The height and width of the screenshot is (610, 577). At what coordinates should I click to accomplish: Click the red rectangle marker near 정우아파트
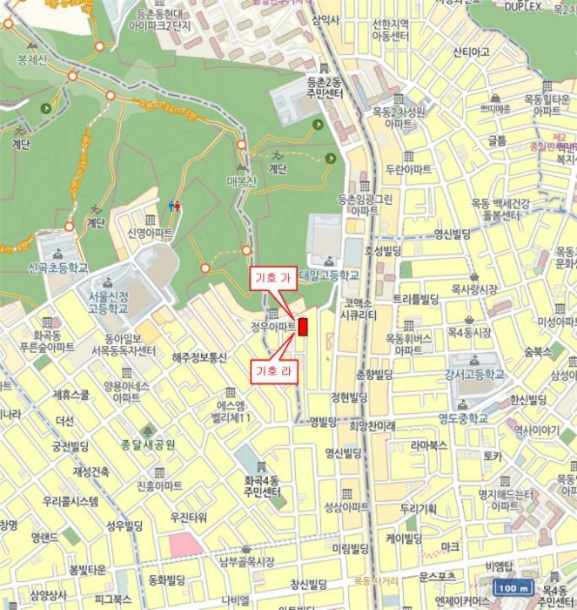click(303, 328)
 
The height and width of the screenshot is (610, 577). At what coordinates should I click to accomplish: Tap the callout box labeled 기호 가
click(272, 277)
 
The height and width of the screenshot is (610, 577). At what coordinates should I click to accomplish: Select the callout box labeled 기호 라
click(272, 370)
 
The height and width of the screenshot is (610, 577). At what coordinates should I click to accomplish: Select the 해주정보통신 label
click(199, 357)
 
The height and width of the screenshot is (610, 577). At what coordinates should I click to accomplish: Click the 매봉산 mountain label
click(242, 181)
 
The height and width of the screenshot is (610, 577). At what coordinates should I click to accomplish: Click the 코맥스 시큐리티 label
click(358, 308)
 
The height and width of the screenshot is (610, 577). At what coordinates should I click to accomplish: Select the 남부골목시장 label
click(247, 561)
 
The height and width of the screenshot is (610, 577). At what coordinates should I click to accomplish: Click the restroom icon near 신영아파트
click(174, 206)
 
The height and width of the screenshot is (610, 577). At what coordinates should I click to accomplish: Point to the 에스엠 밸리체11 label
click(234, 411)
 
